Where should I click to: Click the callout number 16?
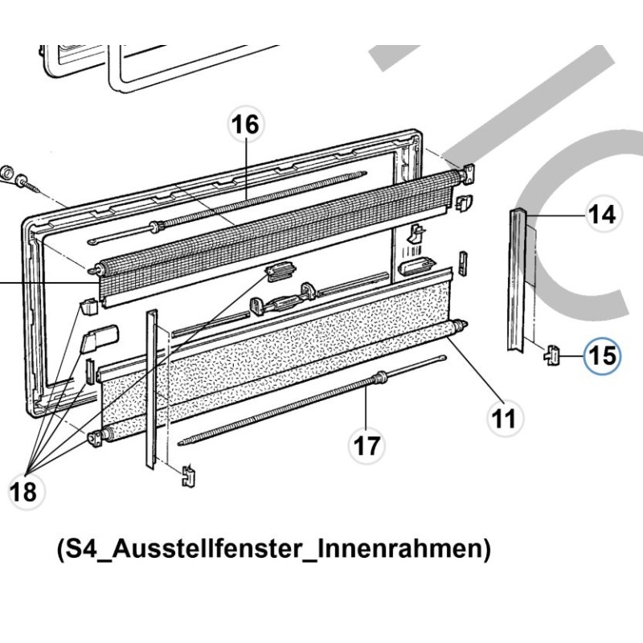pos(246,126)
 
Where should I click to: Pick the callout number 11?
pos(505,417)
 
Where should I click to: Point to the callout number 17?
pos(367,445)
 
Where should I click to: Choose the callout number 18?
pos(25,492)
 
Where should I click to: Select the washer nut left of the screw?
pos(5,173)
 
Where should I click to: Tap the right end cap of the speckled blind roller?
pos(461,326)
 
